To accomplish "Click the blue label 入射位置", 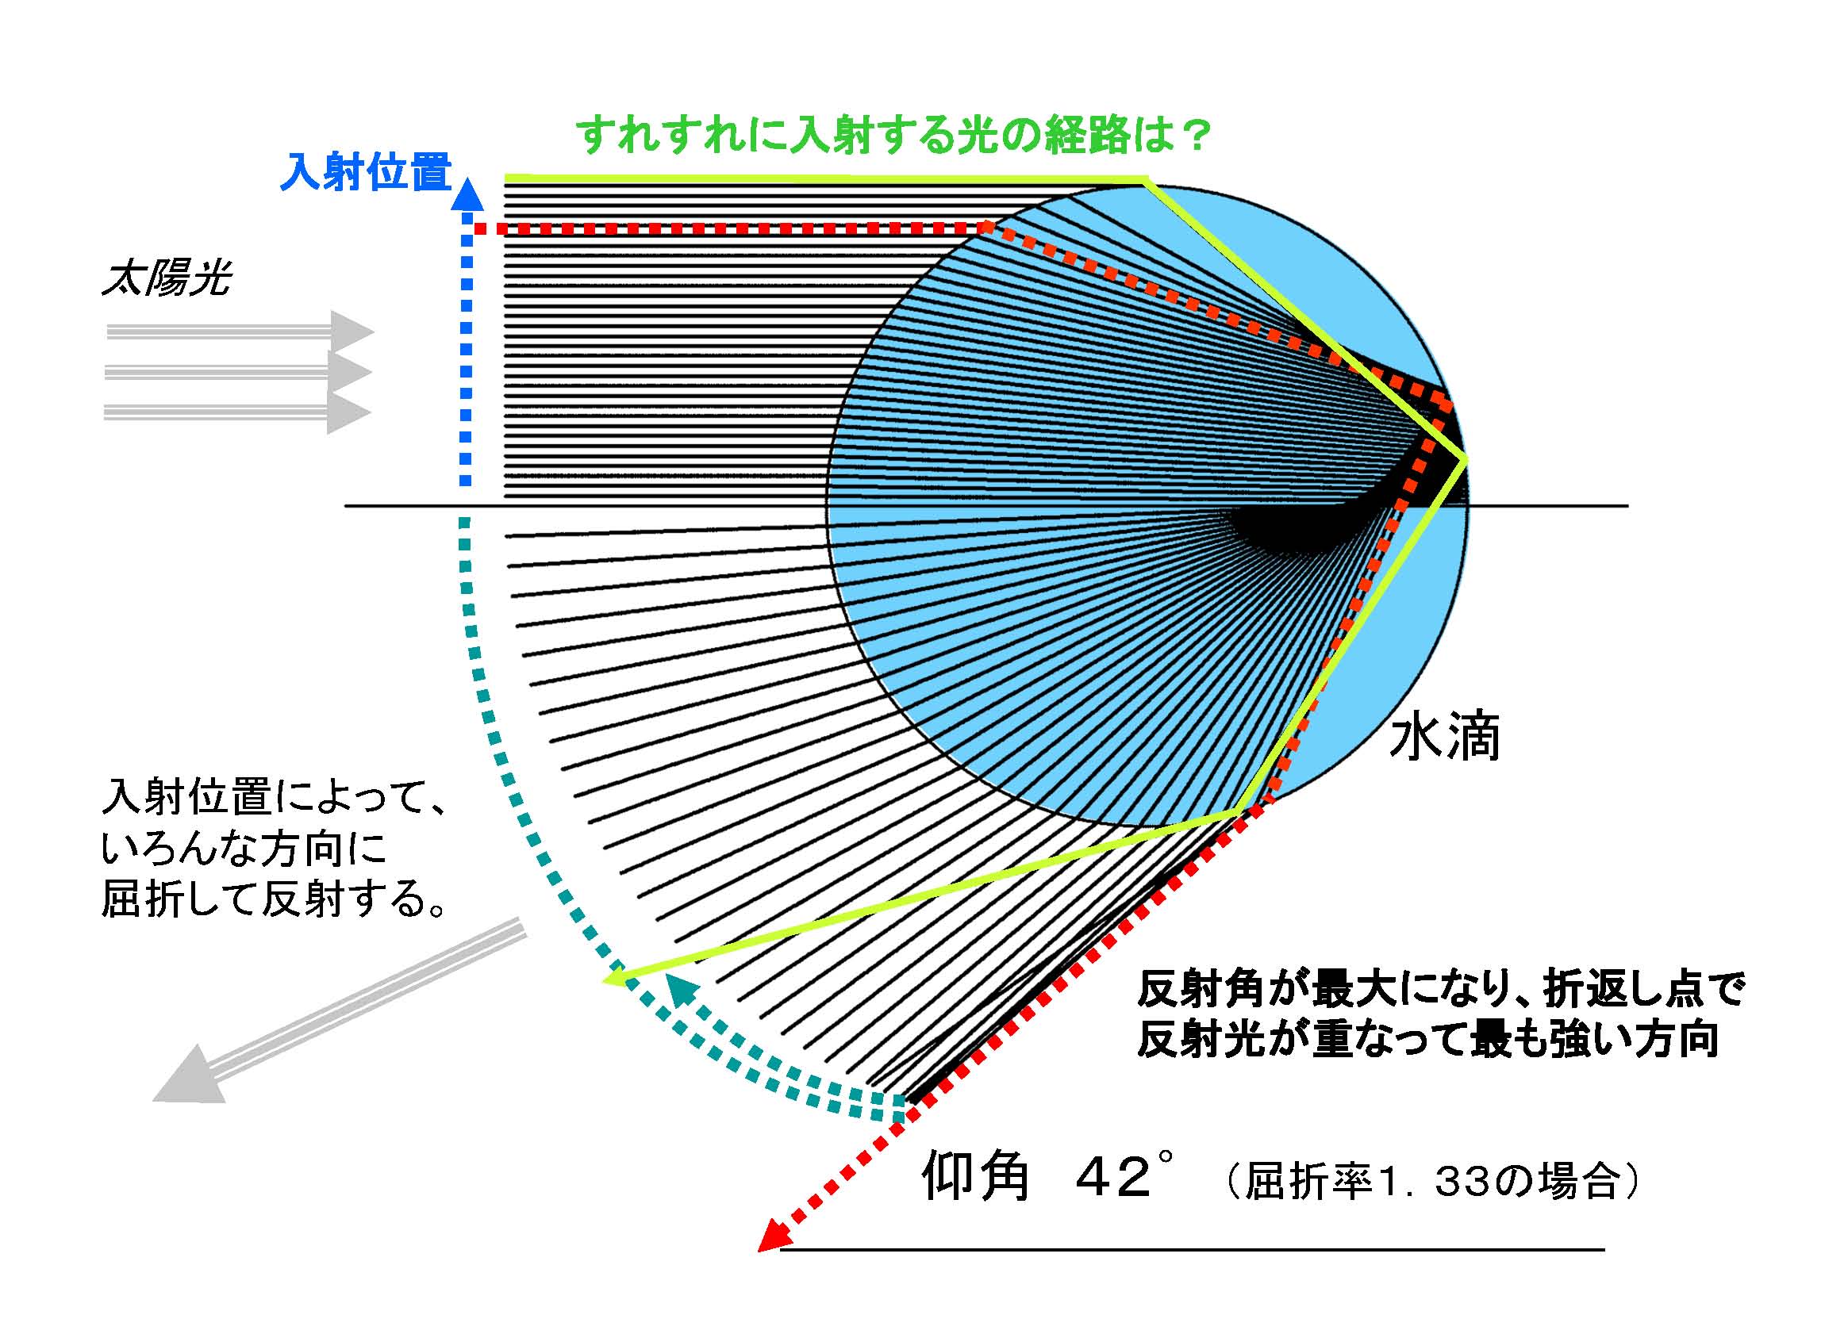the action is pos(366,173).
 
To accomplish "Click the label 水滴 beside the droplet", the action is pos(1444,738).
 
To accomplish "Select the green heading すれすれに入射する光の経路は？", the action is pos(894,136).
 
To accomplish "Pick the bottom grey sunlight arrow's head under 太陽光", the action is pos(349,412).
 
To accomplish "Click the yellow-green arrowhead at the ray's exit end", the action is pos(617,976).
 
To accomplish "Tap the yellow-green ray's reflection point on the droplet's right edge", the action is pos(1465,458).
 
